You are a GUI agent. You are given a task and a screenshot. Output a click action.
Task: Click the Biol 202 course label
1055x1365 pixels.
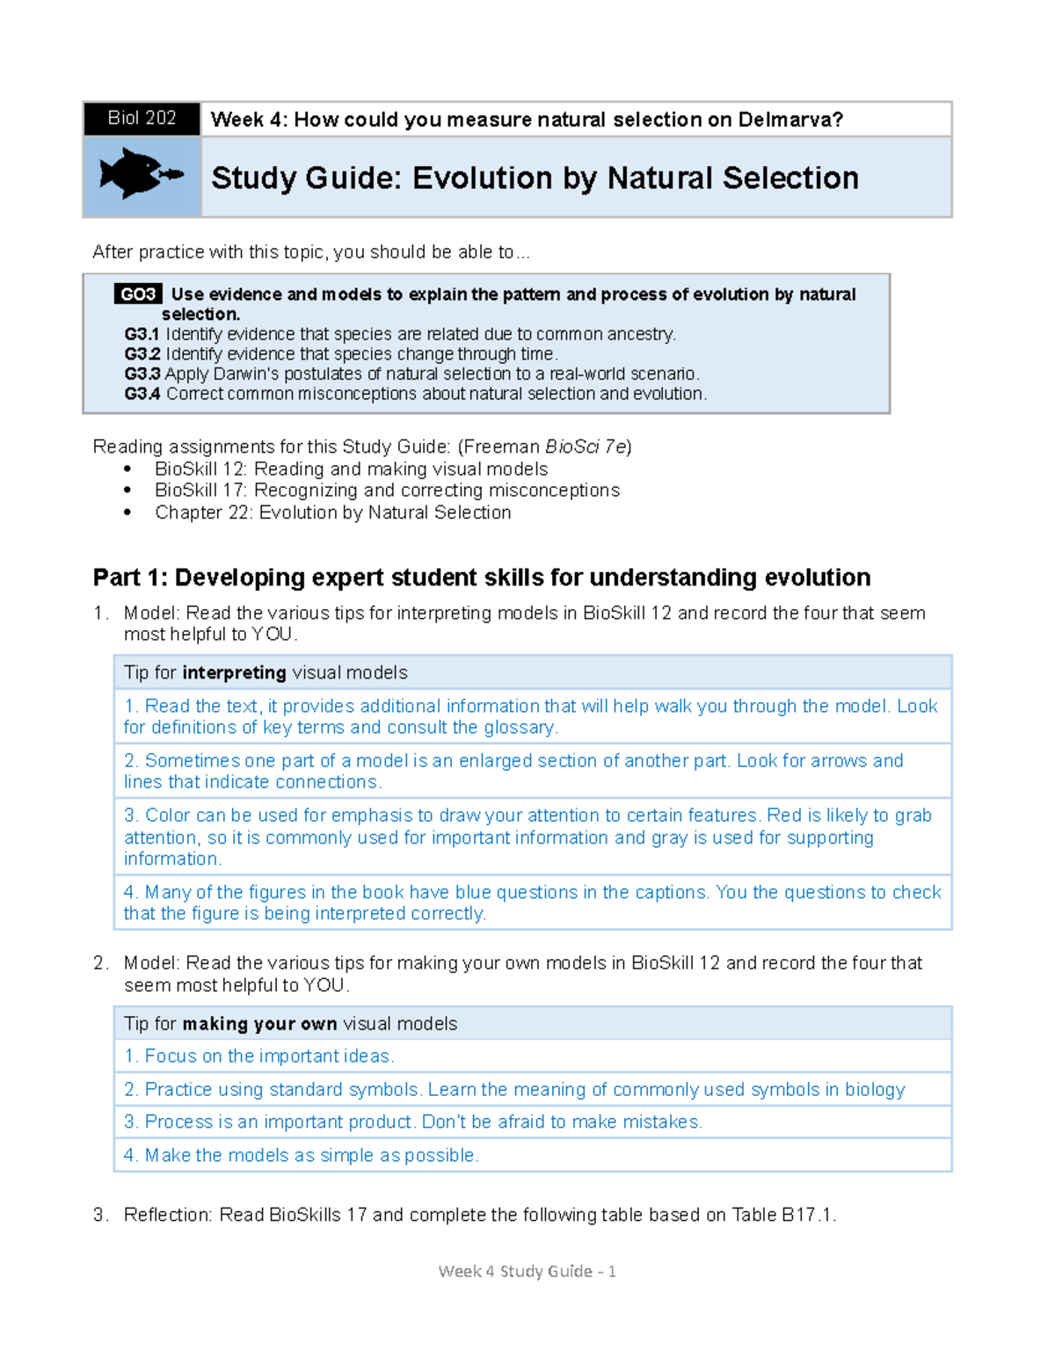pos(142,119)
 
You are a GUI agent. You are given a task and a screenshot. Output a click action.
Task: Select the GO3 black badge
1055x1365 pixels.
pos(138,294)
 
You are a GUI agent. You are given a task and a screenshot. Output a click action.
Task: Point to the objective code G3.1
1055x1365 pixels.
pos(142,335)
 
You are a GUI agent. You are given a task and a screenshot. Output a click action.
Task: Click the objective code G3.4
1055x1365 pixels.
pos(142,394)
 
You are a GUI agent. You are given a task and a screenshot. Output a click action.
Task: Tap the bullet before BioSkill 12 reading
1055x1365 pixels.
pos(128,469)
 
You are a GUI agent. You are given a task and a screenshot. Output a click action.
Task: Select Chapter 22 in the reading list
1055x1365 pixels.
pos(203,512)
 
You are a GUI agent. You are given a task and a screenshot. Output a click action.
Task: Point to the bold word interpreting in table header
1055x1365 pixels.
pos(234,673)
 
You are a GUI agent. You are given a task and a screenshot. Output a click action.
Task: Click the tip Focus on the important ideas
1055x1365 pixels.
pos(259,1056)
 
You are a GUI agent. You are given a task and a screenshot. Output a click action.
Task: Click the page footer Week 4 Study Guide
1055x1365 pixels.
pos(527,1272)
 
